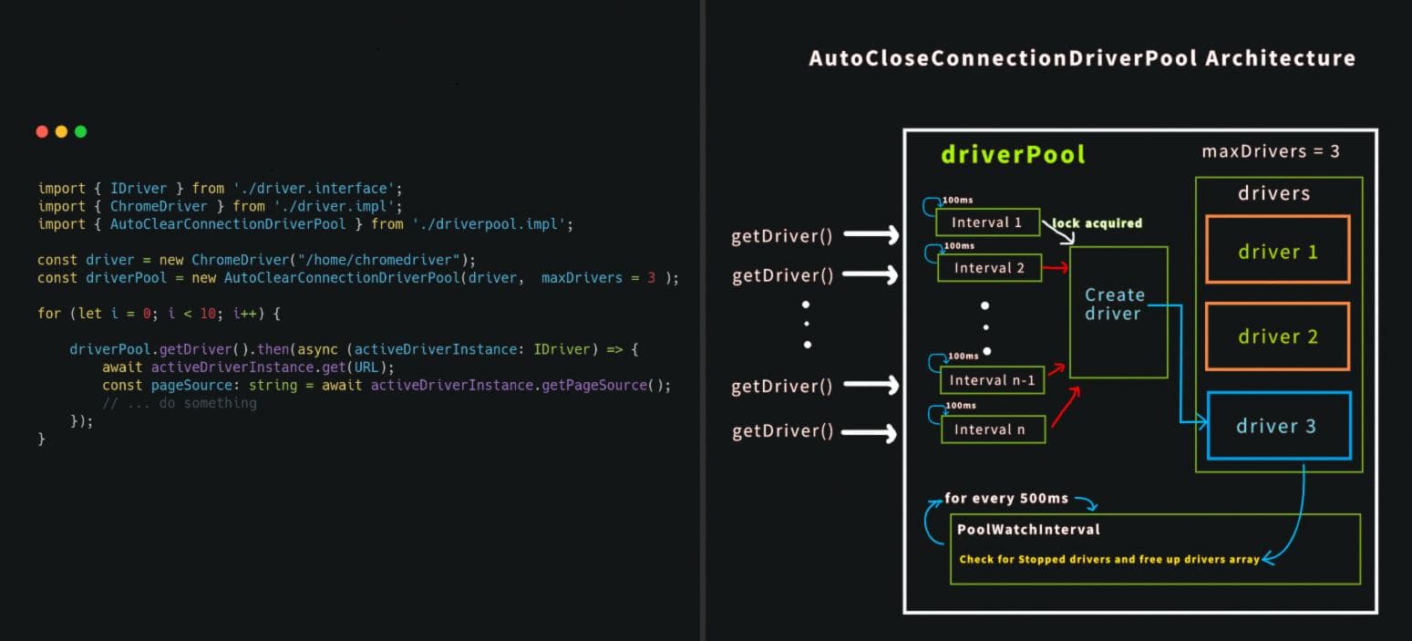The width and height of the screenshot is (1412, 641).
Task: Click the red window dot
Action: [42, 131]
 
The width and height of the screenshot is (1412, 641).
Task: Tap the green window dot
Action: [80, 131]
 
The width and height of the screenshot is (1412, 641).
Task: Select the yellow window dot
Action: [61, 131]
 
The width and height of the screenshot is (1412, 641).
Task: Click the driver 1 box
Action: [1277, 250]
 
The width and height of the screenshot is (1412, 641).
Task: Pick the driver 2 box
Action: [1277, 336]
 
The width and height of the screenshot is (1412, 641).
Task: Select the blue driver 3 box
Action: [1277, 426]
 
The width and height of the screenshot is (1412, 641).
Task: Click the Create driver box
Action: [1118, 312]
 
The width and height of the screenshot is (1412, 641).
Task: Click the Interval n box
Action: [993, 429]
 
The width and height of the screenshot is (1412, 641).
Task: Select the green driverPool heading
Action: [1013, 154]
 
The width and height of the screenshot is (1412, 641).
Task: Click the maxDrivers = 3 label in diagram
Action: [1271, 151]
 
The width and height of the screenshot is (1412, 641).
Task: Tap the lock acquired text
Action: [1098, 223]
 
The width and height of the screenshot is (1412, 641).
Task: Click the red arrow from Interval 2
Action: [1056, 268]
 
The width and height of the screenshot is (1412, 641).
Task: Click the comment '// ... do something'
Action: [180, 403]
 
